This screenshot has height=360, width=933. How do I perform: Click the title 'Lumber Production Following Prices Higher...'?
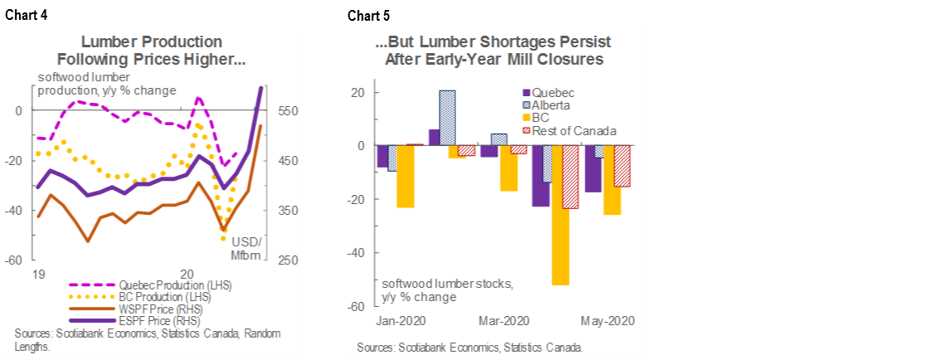[x=151, y=51]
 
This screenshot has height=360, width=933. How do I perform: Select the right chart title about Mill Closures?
[x=494, y=51]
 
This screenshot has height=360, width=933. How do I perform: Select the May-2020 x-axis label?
[x=608, y=321]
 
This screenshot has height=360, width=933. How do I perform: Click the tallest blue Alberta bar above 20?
[x=447, y=118]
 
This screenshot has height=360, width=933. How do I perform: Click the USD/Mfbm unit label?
[x=249, y=248]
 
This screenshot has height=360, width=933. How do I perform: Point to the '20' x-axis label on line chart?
[x=187, y=273]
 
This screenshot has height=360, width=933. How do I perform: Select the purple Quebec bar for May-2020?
[x=593, y=169]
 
